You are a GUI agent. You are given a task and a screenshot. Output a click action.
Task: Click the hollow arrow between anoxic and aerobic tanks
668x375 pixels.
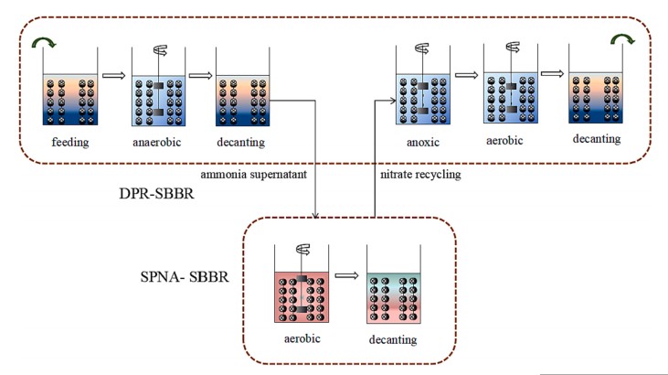pyautogui.click(x=465, y=75)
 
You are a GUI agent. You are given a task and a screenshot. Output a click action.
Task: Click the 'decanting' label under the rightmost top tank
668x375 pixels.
pyautogui.click(x=596, y=139)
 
